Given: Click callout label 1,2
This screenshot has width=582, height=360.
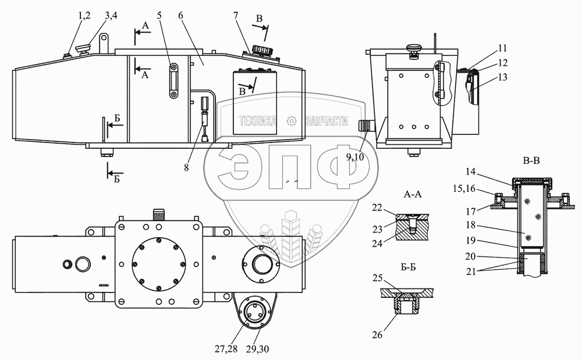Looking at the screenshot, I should (x=80, y=16).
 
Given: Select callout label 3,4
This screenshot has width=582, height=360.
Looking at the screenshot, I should (x=111, y=16).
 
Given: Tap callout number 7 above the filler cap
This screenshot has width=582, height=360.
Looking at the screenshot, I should (x=236, y=16).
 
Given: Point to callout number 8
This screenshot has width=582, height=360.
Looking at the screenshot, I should (x=186, y=167).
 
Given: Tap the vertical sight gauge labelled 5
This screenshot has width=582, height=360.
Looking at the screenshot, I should (x=172, y=82).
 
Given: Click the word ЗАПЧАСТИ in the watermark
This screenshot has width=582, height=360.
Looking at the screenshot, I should (x=325, y=122).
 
